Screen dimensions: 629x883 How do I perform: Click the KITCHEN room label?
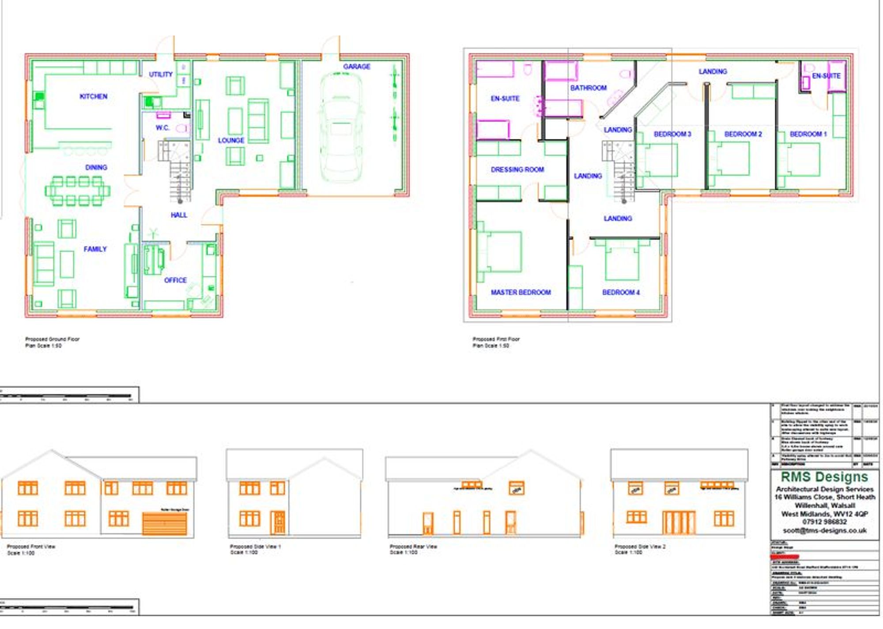point(93,96)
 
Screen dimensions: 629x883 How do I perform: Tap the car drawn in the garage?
point(340,128)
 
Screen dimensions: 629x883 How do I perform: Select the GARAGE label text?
point(357,67)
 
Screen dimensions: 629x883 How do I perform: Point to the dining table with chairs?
point(77,191)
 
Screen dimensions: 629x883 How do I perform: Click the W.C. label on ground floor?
point(162,128)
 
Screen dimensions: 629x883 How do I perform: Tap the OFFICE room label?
point(175,280)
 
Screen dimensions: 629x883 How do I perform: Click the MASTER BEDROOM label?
point(521,292)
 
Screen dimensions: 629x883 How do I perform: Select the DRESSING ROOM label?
point(517,169)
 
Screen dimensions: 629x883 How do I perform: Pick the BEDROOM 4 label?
point(621,292)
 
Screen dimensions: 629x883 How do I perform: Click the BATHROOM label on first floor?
point(588,88)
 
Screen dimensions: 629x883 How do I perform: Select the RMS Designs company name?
point(824,477)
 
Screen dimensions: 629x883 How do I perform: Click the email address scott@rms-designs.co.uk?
point(824,531)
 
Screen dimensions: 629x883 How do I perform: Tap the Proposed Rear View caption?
point(413,546)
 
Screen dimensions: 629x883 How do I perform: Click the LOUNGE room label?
point(231,140)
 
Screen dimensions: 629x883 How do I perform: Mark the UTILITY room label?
point(161,74)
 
